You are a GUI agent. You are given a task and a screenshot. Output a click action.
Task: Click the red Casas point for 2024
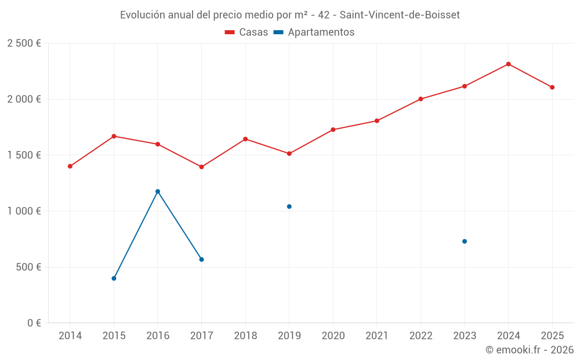click(508, 64)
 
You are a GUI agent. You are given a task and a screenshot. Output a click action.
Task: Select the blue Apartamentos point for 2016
click(158, 192)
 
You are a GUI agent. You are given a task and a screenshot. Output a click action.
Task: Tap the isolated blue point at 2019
click(289, 207)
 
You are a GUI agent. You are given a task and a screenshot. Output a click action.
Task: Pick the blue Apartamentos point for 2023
click(465, 242)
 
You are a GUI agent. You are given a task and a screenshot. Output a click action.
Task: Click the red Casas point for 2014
click(70, 166)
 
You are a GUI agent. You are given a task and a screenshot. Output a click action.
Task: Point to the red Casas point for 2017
click(201, 167)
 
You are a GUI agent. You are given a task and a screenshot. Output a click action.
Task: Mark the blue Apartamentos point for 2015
click(114, 279)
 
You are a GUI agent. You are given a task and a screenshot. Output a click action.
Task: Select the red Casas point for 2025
click(552, 87)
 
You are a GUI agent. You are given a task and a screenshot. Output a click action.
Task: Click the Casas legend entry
click(246, 32)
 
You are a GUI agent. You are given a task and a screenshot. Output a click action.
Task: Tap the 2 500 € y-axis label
click(24, 43)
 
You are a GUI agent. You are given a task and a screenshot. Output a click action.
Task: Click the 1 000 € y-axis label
click(24, 211)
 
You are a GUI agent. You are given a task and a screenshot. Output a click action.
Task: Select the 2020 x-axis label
click(333, 336)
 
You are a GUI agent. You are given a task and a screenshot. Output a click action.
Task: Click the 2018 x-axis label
click(245, 336)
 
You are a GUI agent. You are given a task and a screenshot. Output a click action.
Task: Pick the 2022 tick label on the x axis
click(420, 336)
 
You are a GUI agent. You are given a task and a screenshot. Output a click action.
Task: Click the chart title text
click(290, 15)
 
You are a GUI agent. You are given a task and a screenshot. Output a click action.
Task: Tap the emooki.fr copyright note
click(529, 350)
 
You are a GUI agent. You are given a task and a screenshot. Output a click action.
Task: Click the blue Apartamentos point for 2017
click(201, 259)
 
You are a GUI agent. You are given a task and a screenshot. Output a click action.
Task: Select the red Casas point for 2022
click(420, 99)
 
